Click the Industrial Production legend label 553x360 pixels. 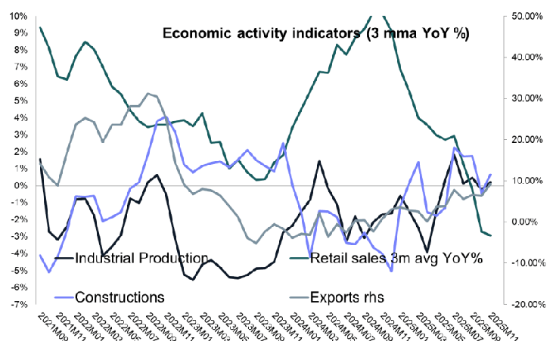(x=142, y=258)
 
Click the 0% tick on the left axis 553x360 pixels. (x=19, y=185)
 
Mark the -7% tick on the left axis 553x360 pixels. (x=17, y=304)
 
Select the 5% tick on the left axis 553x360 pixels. (x=19, y=101)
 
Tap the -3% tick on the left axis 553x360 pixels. (x=17, y=236)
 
